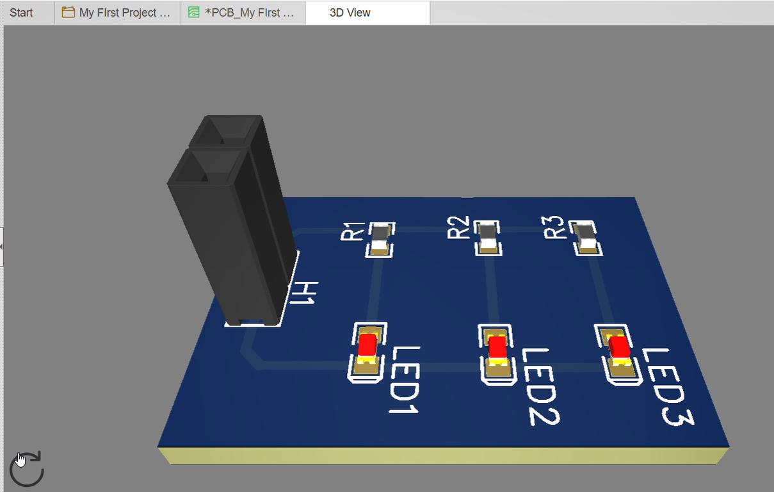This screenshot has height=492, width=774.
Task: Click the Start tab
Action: point(21,13)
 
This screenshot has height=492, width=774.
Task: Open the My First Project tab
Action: point(117,13)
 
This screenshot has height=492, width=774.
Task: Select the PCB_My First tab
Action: point(242,13)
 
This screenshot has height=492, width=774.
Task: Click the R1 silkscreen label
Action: point(353,231)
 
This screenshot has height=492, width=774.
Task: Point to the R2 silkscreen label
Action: point(458,227)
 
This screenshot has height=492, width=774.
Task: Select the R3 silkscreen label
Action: point(554,227)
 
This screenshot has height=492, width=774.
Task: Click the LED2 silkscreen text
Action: point(541,387)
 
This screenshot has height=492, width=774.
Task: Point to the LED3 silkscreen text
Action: point(668,387)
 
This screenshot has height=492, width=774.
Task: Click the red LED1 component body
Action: point(367,345)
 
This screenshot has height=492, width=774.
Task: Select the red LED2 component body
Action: point(498,347)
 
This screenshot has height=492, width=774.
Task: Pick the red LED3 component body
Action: point(619,347)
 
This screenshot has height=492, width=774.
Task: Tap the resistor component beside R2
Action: point(488,238)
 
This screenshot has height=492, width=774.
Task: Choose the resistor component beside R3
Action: point(586,238)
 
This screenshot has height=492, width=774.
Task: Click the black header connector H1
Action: point(232,220)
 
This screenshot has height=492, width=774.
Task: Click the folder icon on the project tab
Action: point(68,12)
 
